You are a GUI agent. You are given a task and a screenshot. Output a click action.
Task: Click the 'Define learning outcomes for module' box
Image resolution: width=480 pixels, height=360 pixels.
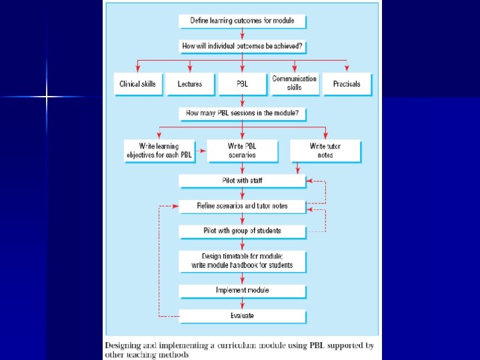(x=242, y=21)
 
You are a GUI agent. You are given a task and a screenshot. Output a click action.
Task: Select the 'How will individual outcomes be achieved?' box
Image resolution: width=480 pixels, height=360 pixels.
(x=242, y=47)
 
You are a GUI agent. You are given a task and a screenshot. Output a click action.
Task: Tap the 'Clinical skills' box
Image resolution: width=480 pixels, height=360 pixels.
(x=138, y=85)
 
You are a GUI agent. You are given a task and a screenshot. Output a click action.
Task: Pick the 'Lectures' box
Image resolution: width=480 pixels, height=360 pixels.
(x=190, y=85)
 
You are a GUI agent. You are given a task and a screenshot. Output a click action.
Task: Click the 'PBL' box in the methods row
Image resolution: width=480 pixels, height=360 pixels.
(x=242, y=85)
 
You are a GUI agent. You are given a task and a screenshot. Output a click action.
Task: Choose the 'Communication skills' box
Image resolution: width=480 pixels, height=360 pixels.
(x=295, y=83)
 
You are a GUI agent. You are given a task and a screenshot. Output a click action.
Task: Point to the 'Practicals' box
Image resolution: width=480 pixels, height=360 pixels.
(x=347, y=85)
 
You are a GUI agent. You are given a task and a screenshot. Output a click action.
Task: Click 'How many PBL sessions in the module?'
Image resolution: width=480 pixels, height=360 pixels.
(x=242, y=113)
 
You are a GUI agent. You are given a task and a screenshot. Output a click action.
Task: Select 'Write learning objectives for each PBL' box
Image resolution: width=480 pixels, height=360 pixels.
(x=161, y=151)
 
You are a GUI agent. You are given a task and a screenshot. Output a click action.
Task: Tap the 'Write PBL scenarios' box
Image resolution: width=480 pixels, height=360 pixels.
(x=242, y=151)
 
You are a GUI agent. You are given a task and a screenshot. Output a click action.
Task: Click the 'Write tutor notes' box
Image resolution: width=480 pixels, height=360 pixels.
(x=325, y=151)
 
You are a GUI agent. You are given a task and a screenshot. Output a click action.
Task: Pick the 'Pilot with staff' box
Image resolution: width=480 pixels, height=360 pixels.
(x=242, y=180)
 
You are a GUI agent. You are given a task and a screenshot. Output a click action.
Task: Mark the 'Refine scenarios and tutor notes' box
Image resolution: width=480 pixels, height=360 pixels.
(x=242, y=206)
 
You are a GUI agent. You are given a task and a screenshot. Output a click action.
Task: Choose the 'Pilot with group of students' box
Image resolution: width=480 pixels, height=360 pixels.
(x=242, y=231)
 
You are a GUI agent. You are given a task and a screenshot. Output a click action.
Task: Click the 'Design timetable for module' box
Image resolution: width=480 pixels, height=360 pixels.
(x=242, y=261)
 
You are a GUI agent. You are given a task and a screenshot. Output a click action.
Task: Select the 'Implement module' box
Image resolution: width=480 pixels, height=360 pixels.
(x=242, y=291)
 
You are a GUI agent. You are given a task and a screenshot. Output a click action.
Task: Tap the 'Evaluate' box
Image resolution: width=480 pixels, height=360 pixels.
(x=242, y=315)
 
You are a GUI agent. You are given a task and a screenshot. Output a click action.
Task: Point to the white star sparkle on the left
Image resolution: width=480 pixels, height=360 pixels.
(x=47, y=97)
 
